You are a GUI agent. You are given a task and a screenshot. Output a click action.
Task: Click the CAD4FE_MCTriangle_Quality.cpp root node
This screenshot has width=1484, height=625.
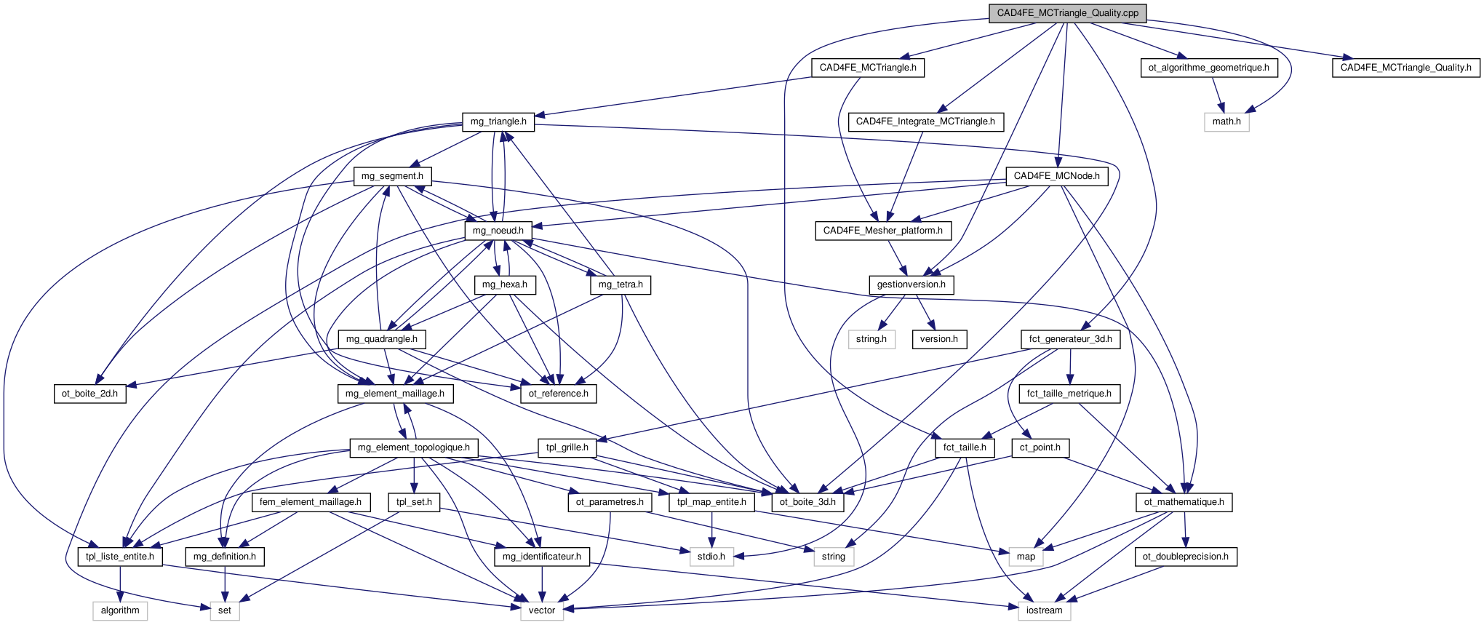coord(1067,13)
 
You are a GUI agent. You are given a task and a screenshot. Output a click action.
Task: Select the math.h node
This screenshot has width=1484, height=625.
coord(1226,122)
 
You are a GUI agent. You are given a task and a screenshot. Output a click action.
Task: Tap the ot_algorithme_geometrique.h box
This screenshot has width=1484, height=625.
coord(1208,68)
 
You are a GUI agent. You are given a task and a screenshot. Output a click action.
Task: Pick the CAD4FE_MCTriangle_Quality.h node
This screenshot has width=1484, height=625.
coord(1405,68)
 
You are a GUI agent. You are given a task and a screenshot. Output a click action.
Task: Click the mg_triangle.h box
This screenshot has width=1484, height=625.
coord(498,122)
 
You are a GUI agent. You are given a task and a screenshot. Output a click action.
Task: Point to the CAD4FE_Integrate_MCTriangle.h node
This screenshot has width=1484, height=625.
coord(925,122)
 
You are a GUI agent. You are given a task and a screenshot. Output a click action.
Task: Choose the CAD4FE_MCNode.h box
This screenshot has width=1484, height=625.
coord(1056,176)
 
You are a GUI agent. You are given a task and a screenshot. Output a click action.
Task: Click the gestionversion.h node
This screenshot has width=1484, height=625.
coord(911,284)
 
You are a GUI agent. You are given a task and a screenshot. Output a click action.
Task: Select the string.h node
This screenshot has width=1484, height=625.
coord(871,339)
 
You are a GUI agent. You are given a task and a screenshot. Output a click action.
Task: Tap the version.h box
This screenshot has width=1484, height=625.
coord(938,339)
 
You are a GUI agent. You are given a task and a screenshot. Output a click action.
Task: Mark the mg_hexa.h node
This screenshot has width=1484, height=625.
coord(504,284)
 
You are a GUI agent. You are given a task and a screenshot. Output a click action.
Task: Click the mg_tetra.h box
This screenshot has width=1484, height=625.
coord(621,284)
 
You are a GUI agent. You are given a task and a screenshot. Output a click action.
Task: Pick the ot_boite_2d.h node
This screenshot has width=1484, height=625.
coord(89,394)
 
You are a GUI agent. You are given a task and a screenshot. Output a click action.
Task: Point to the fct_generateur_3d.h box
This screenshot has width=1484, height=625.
coord(1070,339)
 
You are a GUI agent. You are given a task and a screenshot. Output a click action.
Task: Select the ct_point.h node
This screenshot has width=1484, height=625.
coord(1040,447)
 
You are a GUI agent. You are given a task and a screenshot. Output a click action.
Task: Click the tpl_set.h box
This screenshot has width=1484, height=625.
coord(414,502)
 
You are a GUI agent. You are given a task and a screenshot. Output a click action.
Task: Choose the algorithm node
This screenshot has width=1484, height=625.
coord(120,610)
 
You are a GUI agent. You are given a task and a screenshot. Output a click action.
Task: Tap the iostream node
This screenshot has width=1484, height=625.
coord(1044,610)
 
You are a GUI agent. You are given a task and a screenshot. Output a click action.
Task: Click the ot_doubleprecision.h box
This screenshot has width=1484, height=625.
coord(1185,557)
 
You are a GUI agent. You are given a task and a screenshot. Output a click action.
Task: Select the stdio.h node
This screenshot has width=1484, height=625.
coord(711,557)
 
